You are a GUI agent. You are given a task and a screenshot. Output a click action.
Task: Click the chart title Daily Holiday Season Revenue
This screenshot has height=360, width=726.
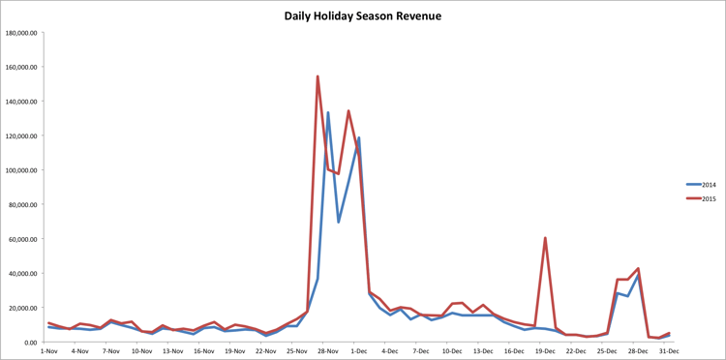[362, 16]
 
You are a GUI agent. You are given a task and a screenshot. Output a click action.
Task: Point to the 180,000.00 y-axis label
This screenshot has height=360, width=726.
[21, 33]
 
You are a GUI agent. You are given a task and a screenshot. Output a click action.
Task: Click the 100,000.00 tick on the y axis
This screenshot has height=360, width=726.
[21, 170]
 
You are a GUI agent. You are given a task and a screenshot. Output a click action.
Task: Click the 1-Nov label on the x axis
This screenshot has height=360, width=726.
[48, 351]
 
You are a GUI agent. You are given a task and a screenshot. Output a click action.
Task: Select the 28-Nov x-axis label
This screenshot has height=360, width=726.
[328, 351]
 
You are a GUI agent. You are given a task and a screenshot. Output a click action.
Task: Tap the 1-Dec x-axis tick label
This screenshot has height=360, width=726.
[359, 351]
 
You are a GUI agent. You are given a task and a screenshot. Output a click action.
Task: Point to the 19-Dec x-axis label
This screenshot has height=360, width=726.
[545, 351]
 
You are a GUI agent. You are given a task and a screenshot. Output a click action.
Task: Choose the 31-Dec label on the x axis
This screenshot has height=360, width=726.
[669, 351]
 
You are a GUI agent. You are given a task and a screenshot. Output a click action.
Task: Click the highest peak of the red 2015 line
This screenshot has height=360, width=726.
[318, 76]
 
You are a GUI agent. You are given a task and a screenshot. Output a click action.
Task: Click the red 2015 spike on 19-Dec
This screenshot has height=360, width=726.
[545, 238]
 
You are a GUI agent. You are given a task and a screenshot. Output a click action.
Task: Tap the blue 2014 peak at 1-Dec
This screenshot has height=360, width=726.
[359, 137]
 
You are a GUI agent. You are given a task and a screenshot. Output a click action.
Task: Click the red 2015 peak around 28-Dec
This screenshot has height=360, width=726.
[638, 269]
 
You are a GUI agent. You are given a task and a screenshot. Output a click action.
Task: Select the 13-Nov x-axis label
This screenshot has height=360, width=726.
[172, 351]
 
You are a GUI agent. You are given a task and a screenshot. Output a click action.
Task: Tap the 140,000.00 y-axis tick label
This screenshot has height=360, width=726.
[21, 102]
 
